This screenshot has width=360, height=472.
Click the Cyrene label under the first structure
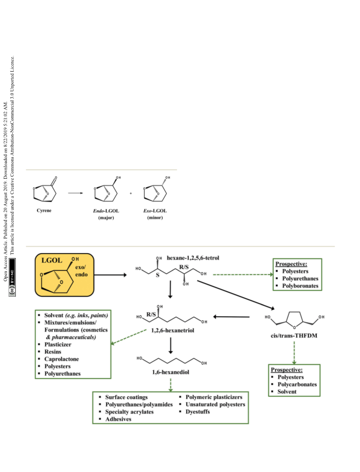[x=44, y=210]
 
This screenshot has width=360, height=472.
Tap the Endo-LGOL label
[x=106, y=211]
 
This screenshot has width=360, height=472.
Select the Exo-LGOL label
[x=155, y=211]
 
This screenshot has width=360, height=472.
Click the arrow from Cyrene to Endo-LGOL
[x=75, y=193]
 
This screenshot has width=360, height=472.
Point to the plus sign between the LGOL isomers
[x=131, y=193]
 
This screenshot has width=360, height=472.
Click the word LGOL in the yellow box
[x=52, y=260]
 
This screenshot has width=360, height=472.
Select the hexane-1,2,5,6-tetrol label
[x=193, y=258]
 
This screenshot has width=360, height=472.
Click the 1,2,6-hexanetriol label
[x=173, y=331]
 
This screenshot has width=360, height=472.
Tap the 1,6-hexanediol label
[x=171, y=372]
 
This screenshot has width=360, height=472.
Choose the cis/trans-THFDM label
[x=294, y=336]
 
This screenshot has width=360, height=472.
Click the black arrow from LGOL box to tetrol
[x=110, y=274]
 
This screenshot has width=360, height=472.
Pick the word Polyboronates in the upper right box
[x=300, y=286]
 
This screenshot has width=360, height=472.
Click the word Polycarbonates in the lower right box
[x=297, y=384]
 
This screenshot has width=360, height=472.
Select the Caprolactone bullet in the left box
[x=61, y=359]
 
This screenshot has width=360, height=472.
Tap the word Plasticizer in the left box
[x=58, y=345]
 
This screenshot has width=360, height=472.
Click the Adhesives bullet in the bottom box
[x=118, y=419]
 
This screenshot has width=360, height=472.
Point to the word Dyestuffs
[x=197, y=412]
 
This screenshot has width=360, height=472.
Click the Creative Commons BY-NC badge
[x=12, y=277]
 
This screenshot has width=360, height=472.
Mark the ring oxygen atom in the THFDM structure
[x=294, y=328]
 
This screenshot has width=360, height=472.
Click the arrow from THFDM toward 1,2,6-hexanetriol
[x=231, y=317]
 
